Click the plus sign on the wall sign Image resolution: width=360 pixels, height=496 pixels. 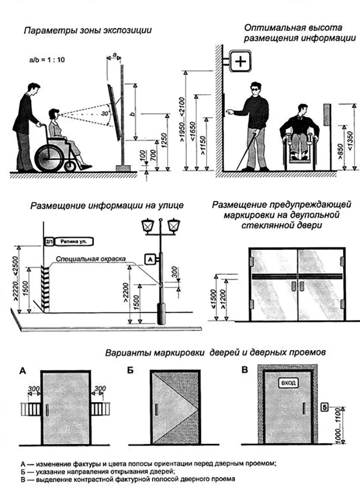tap(240, 62)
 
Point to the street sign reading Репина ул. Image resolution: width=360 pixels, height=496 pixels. tap(74, 242)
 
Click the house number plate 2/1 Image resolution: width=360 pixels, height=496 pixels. tap(49, 242)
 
